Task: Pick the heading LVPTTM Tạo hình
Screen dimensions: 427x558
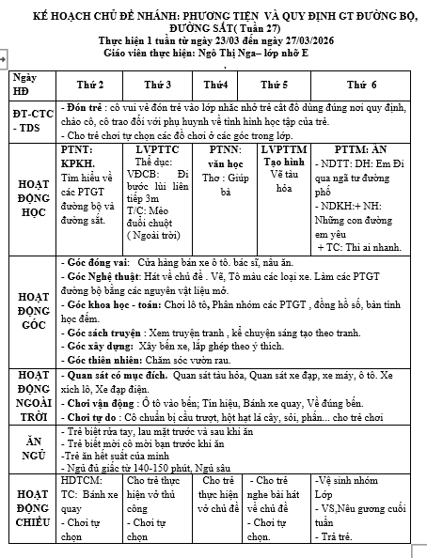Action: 284,156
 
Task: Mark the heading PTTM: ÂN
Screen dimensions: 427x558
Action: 361,149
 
